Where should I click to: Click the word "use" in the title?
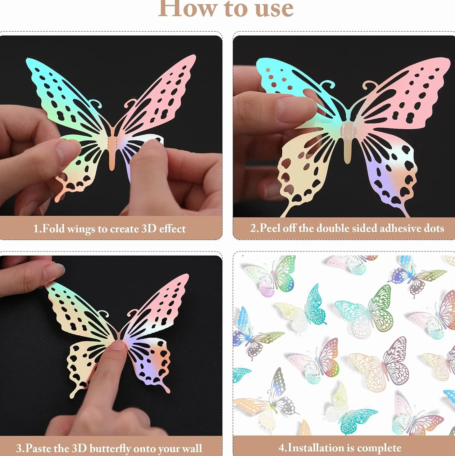click(x=274, y=9)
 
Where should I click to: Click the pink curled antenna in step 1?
click(x=130, y=103)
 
